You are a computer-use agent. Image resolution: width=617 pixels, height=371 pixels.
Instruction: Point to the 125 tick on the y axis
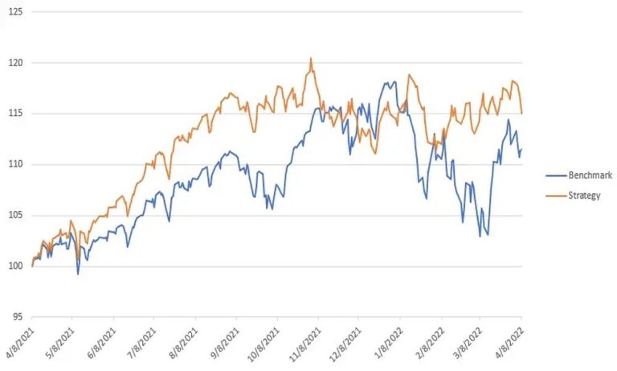click(16, 12)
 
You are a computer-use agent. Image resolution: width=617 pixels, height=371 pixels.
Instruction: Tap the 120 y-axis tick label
click(16, 63)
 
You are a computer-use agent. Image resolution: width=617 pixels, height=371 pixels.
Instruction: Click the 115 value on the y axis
click(16, 113)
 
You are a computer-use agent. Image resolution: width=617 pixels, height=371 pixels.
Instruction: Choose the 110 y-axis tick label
click(16, 165)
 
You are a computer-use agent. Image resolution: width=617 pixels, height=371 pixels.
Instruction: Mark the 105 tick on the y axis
click(16, 216)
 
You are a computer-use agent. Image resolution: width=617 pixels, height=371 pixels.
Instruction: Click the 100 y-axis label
click(16, 266)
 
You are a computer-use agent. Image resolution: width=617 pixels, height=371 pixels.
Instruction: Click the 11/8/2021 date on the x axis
click(307, 343)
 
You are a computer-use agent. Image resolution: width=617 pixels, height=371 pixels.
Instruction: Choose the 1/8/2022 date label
click(390, 341)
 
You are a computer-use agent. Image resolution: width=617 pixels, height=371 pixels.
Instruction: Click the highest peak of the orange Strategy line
click(311, 58)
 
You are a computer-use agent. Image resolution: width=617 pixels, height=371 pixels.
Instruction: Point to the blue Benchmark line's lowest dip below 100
click(78, 274)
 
